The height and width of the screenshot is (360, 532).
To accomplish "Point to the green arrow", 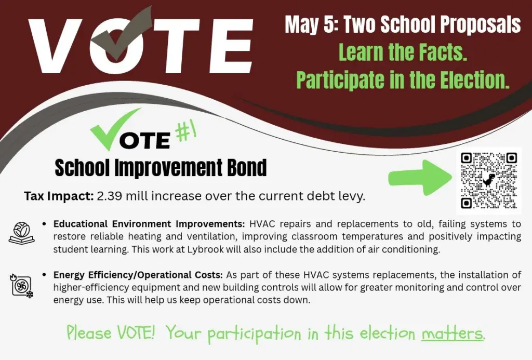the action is [420, 178].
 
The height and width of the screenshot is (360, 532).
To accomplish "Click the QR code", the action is [488, 180].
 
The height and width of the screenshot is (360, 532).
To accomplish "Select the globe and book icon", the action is [21, 232].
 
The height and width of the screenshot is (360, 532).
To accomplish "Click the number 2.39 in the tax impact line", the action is [109, 196].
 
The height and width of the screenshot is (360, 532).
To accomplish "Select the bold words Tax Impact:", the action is [59, 196].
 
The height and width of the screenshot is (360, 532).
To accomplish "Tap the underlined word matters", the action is [452, 333].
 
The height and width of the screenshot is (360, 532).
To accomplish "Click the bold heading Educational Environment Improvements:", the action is [149, 224].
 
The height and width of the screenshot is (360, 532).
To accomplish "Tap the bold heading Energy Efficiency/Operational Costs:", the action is [138, 275].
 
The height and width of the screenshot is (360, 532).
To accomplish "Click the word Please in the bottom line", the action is [88, 333].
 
